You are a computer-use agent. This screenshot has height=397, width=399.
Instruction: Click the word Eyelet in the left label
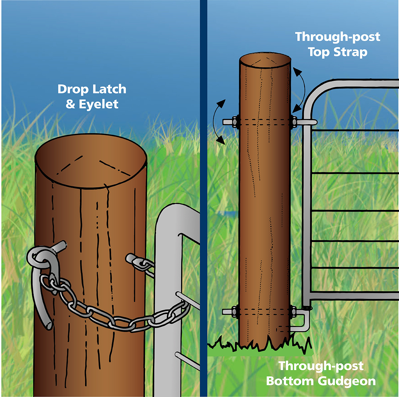coord(98,105)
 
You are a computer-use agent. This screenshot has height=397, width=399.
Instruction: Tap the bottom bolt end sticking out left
coord(228,311)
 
